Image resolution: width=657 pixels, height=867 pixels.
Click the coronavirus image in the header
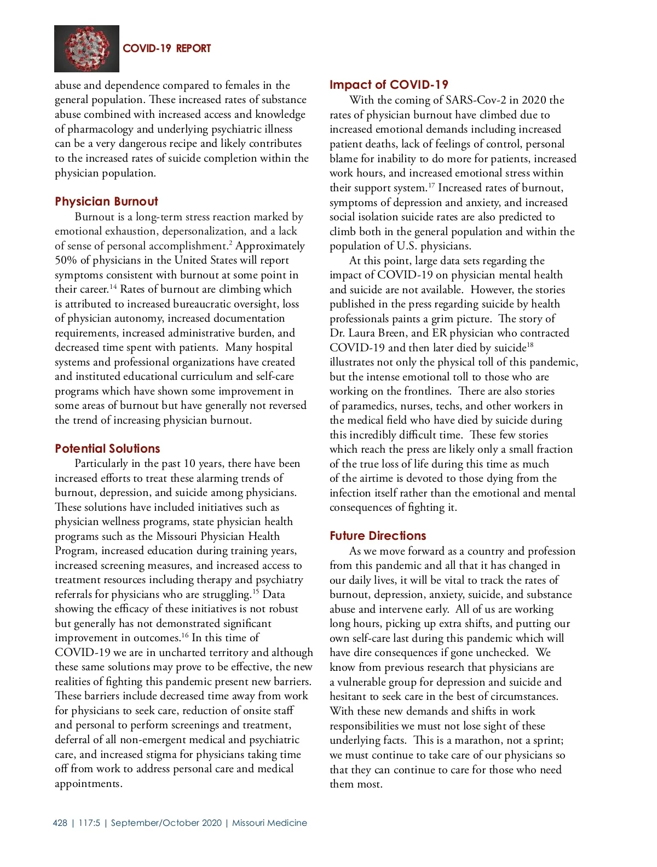87,49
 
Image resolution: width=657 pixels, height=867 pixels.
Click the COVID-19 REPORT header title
166,48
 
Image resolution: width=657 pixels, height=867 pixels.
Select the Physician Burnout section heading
106,201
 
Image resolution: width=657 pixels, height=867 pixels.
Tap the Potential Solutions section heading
107,448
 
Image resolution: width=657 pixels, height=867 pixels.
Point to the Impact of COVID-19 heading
389,84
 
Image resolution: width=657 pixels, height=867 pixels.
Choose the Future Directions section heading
378,535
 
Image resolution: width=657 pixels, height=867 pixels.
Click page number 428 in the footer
60,823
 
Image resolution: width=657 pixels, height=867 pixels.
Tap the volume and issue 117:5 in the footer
89,823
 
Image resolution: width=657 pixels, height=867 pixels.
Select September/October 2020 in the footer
166,823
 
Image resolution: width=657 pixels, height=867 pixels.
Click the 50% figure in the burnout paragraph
66,260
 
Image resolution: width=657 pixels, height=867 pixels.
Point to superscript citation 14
113,287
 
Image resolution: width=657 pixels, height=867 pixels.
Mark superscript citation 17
431,185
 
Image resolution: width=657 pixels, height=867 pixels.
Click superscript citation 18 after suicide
530,345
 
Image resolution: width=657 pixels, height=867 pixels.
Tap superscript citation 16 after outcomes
185,635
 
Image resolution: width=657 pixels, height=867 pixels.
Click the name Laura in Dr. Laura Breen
362,333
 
